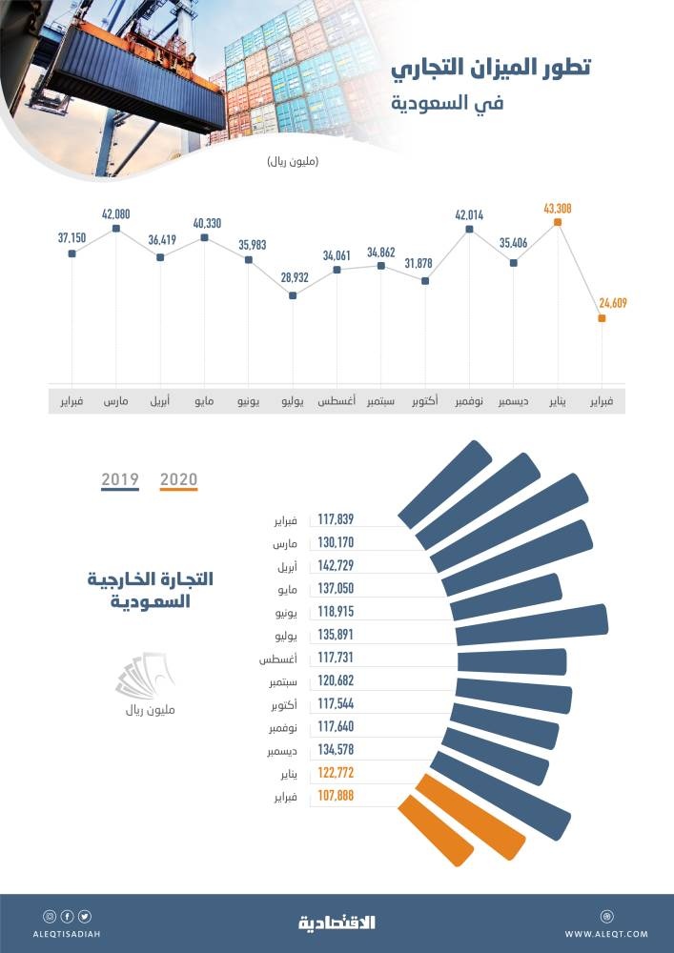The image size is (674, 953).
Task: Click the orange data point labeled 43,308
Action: coord(558,222)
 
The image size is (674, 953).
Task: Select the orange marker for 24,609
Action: coord(602,319)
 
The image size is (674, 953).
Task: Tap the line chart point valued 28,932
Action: coord(293,295)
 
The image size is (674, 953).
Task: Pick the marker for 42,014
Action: coord(469,229)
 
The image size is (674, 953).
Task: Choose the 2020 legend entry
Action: coord(179,479)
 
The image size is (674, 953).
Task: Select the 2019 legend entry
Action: coord(120,479)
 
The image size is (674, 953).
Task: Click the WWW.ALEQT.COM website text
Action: coord(606,934)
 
